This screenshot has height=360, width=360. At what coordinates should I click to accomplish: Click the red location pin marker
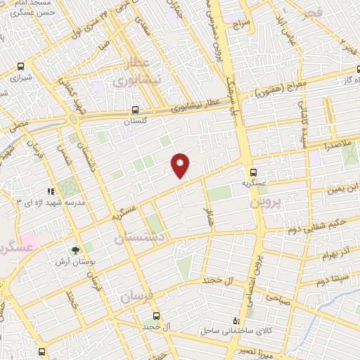pyautogui.click(x=181, y=164)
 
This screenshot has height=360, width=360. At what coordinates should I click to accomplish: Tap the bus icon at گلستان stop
pyautogui.click(x=135, y=110)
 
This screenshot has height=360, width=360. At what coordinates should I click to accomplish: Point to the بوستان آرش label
pyautogui.click(x=75, y=262)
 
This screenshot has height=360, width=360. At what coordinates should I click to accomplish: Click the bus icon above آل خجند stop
pyautogui.click(x=155, y=316)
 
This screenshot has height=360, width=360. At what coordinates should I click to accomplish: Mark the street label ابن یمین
pyautogui.click(x=342, y=189)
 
